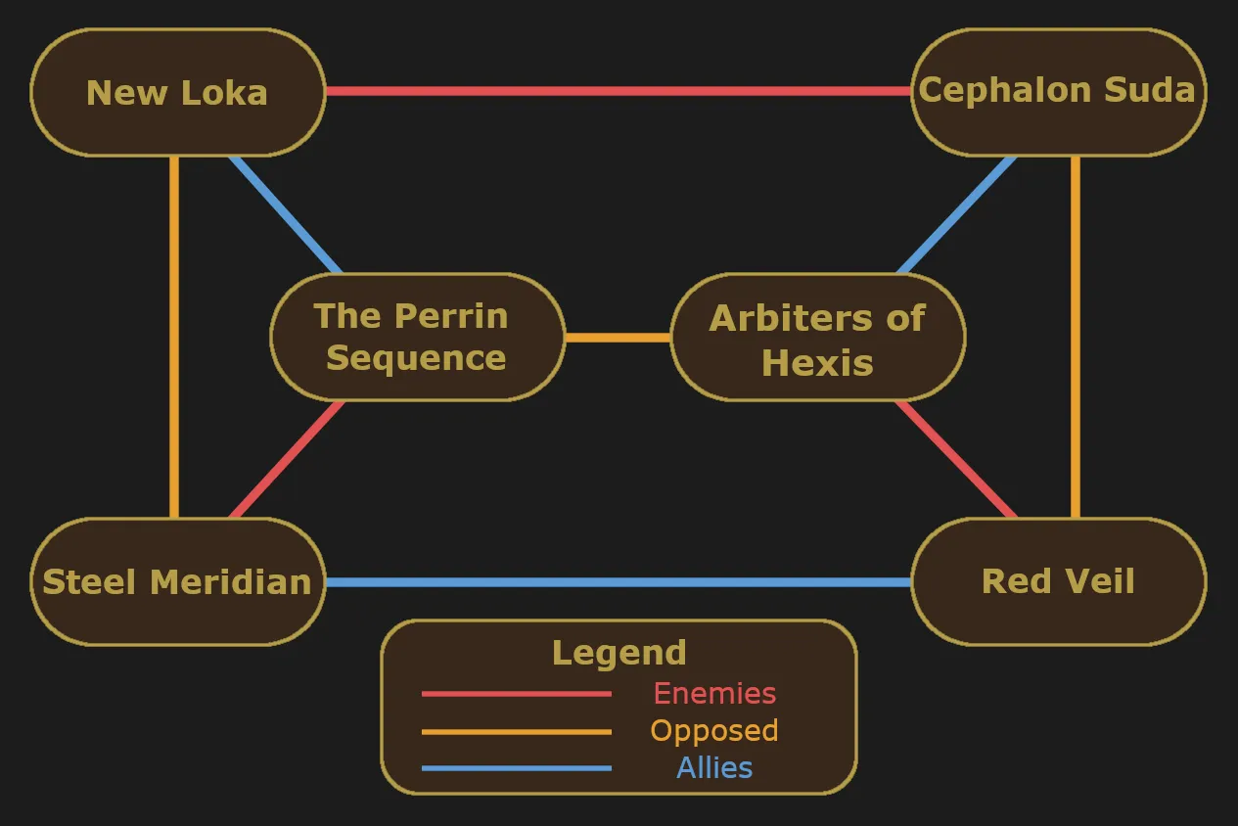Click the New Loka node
point(177,92)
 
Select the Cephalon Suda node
point(1058,92)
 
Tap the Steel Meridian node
point(177,581)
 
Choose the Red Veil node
point(1058,581)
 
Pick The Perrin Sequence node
point(418,337)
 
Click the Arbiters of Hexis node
point(818,337)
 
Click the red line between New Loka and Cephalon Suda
point(619,91)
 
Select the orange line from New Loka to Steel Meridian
point(174,337)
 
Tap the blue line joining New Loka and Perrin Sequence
point(286,215)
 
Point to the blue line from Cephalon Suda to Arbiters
point(956,215)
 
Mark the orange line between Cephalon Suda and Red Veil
point(1076,337)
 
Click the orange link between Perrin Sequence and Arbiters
point(619,338)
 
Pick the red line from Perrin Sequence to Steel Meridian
point(288,459)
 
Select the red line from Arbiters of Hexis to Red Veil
point(956,459)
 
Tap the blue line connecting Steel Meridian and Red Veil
point(619,581)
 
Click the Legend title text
point(619,653)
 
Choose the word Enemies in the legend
point(714,694)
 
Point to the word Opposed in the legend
point(714,731)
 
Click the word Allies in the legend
point(714,768)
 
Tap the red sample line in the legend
point(516,694)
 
